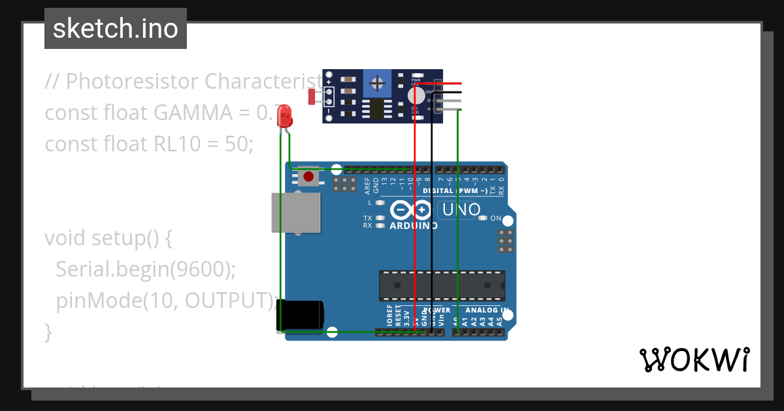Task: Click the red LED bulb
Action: pyautogui.click(x=285, y=117)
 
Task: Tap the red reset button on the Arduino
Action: pyautogui.click(x=308, y=176)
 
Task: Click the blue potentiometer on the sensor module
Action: pyautogui.click(x=377, y=83)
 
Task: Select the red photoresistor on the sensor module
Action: pyautogui.click(x=312, y=97)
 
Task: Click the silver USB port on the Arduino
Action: pyautogui.click(x=296, y=213)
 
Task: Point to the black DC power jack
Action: pyautogui.click(x=299, y=315)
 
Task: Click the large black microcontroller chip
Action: pyautogui.click(x=442, y=286)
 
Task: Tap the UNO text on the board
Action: pyautogui.click(x=461, y=210)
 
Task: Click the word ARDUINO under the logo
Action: pyautogui.click(x=414, y=226)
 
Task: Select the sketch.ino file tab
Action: pyautogui.click(x=116, y=29)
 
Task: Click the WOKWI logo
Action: pyautogui.click(x=694, y=359)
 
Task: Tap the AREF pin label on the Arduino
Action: pyautogui.click(x=367, y=186)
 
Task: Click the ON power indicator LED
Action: pyautogui.click(x=483, y=218)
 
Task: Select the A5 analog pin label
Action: pyautogui.click(x=500, y=322)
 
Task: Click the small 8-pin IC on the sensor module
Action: pyautogui.click(x=377, y=109)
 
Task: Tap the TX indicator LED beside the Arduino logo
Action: pyautogui.click(x=379, y=218)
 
